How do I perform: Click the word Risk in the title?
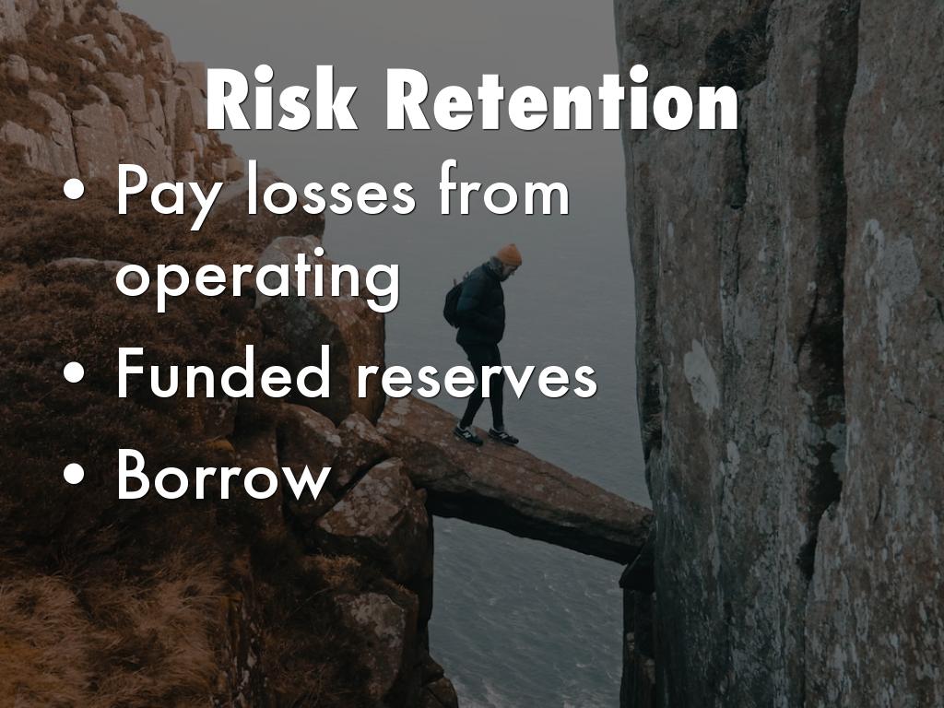point(282,99)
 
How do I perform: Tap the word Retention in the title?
point(561,99)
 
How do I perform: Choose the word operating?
point(258,278)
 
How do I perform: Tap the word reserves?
point(477,377)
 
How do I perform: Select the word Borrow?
point(223,475)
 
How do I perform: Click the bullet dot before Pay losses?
point(74,189)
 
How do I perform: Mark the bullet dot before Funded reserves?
point(74,372)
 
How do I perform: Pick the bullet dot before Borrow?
point(74,473)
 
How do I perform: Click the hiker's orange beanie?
point(509,254)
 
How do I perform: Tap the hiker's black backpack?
point(454,302)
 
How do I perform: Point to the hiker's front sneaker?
point(502,436)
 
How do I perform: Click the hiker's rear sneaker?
point(468,435)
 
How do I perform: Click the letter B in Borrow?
point(136,475)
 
